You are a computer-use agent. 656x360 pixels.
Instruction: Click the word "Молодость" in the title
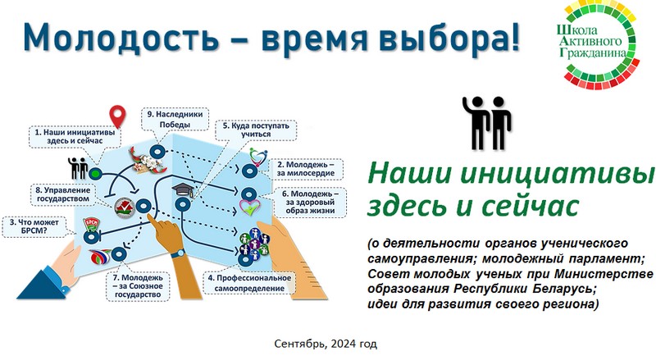(121, 37)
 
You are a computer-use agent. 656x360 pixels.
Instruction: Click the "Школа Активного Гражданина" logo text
(591, 42)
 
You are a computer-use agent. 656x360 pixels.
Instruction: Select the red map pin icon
(117, 116)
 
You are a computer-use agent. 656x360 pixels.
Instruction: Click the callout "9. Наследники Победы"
(175, 119)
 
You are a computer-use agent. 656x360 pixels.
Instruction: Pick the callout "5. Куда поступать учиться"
(256, 130)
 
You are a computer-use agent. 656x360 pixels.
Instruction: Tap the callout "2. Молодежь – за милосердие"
(306, 169)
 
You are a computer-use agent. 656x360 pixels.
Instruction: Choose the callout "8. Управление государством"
(63, 194)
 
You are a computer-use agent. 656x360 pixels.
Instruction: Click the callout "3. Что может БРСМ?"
(35, 226)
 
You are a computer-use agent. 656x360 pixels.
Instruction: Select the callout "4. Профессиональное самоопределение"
(249, 283)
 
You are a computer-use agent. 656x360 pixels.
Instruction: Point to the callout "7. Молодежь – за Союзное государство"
(137, 286)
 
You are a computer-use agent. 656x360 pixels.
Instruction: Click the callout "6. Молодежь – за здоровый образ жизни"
(310, 203)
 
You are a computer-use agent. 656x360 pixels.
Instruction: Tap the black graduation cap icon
(183, 191)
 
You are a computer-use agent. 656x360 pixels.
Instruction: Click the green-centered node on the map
(95, 173)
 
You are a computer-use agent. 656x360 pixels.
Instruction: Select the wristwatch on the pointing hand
(178, 253)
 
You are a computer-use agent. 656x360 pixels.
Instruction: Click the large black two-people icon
(487, 123)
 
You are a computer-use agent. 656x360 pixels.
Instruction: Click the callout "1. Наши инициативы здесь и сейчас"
(75, 136)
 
